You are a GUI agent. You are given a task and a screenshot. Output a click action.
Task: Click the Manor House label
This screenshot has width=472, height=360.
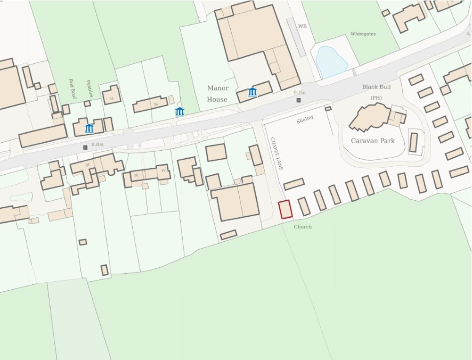[217, 94]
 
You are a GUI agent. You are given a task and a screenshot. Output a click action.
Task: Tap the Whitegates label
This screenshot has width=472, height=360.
[363, 34]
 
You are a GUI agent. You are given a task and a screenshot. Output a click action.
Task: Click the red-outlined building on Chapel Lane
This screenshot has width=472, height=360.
[286, 209]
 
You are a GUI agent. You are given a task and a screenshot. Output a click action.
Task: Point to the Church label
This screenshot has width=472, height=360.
[303, 227]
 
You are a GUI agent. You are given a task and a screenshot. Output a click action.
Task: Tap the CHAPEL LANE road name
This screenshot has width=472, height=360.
[275, 153]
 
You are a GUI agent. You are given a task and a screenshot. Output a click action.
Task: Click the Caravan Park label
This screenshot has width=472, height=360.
[373, 141]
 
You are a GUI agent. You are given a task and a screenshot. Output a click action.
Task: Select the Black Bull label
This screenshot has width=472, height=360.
[377, 87]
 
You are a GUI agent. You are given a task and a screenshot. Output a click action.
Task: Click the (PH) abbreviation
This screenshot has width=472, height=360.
[377, 98]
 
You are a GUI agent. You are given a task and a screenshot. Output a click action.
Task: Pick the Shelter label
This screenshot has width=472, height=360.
[305, 120]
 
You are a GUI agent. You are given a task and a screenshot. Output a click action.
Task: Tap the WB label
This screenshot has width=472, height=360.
[303, 26]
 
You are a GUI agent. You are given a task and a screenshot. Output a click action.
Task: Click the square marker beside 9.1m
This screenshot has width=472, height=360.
[299, 100]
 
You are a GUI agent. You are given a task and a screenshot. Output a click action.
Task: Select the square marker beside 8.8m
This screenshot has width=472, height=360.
[85, 148]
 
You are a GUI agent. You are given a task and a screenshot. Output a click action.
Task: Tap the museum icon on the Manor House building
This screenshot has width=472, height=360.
[253, 92]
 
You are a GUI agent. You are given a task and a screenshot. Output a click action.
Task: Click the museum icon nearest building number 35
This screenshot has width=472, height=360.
[180, 111]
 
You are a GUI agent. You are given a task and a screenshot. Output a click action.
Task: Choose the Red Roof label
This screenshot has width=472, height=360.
[72, 90]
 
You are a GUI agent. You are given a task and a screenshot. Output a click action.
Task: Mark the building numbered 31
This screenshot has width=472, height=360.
[111, 96]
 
